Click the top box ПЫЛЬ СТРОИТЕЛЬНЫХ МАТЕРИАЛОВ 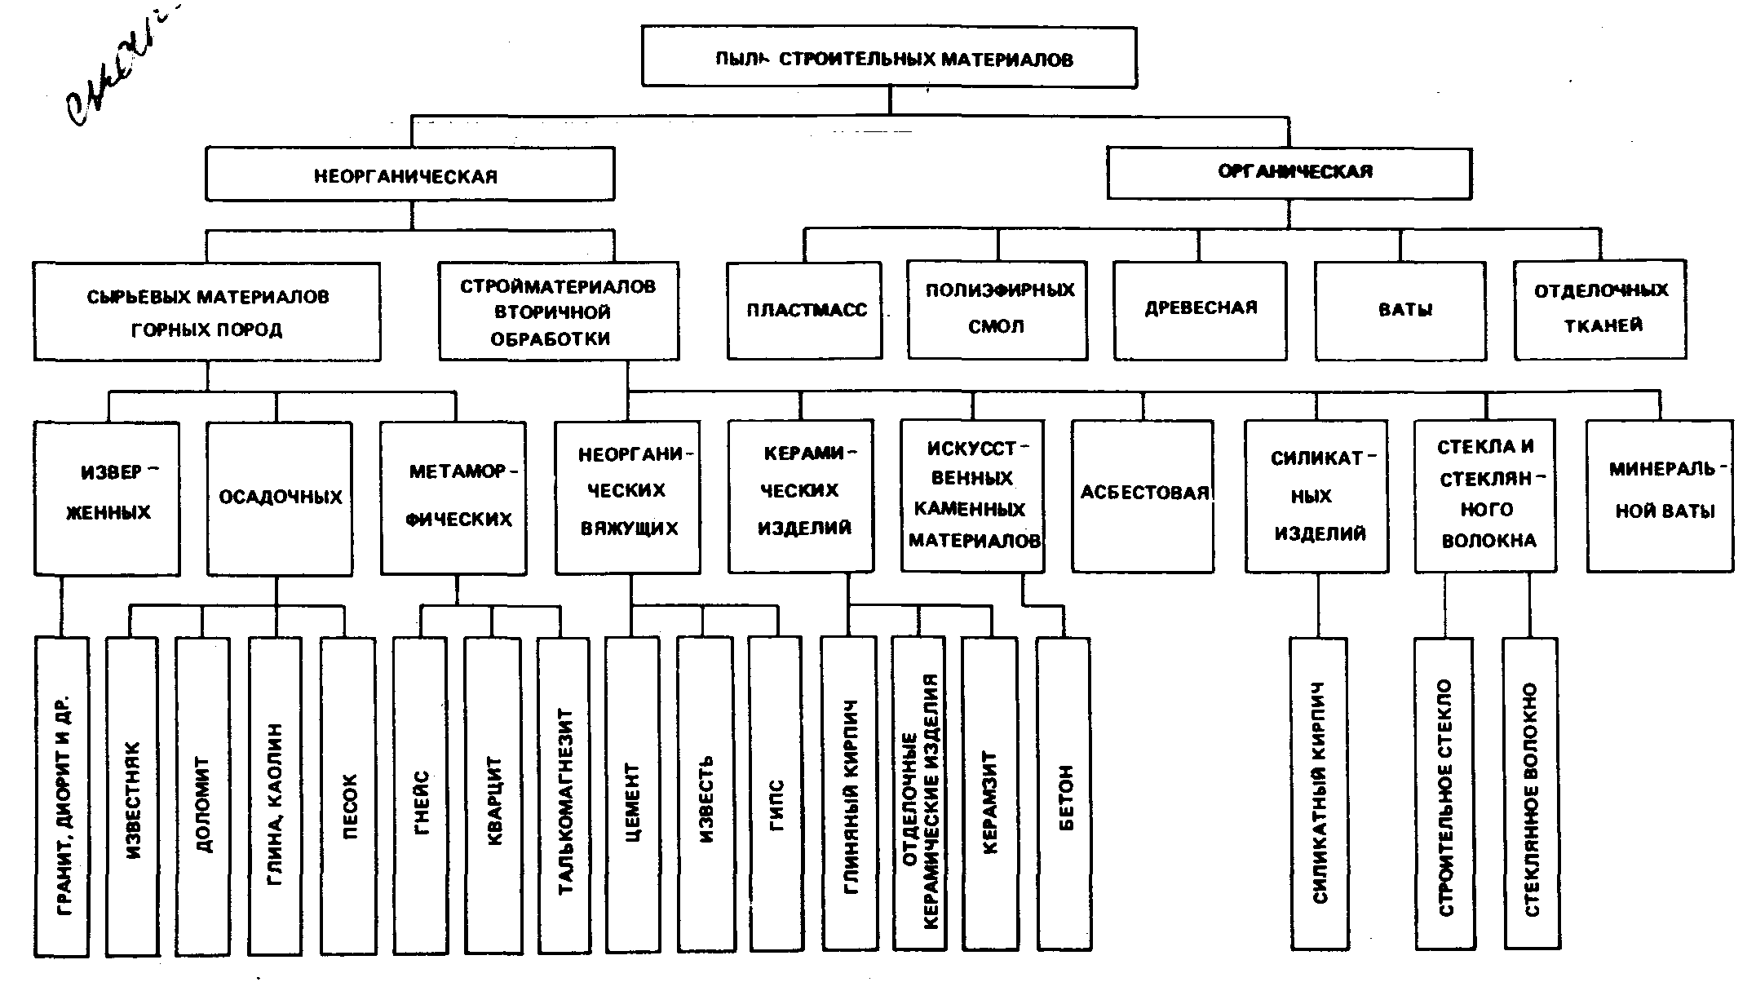889,57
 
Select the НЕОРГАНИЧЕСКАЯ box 409,175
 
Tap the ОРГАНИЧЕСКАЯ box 1289,173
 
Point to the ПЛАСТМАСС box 805,311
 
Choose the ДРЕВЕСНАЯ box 1200,310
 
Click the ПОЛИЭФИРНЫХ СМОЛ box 997,310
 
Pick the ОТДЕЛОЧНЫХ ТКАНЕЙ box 1600,310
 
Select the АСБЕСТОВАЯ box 1143,495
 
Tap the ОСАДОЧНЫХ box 280,498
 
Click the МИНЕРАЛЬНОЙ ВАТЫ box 1661,495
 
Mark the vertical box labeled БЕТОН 1064,795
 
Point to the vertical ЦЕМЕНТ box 632,795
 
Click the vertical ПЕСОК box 348,795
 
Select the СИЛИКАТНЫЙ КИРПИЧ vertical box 1319,795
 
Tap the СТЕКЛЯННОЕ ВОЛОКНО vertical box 1531,795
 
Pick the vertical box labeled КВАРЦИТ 493,795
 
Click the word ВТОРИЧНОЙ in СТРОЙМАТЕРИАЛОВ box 552,312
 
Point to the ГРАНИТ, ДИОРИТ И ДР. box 62,798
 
